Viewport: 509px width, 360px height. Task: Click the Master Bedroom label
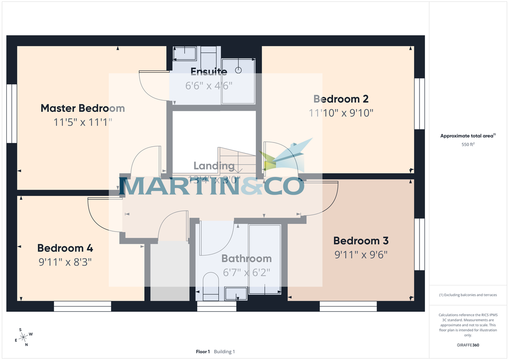[x=83, y=108]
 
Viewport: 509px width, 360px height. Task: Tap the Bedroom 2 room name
[x=341, y=99]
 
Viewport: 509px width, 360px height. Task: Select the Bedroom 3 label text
[x=361, y=241]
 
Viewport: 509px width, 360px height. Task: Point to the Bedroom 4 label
[x=65, y=248]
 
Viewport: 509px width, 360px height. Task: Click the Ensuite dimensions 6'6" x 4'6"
[x=209, y=85]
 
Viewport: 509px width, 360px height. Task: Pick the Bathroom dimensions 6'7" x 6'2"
[x=246, y=272]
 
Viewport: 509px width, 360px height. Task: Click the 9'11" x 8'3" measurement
[x=65, y=262]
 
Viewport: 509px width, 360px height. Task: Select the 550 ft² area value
[x=468, y=145]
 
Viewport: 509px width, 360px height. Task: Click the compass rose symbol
[x=24, y=337]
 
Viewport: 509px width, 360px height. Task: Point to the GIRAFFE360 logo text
[x=468, y=345]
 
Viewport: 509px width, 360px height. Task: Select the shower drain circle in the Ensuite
[x=238, y=70]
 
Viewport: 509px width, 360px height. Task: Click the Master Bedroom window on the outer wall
[x=11, y=114]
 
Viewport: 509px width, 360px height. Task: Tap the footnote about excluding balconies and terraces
[x=468, y=295]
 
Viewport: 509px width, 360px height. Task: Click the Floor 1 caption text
[x=203, y=352]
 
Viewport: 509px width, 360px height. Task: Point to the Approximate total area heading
[x=468, y=136]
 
